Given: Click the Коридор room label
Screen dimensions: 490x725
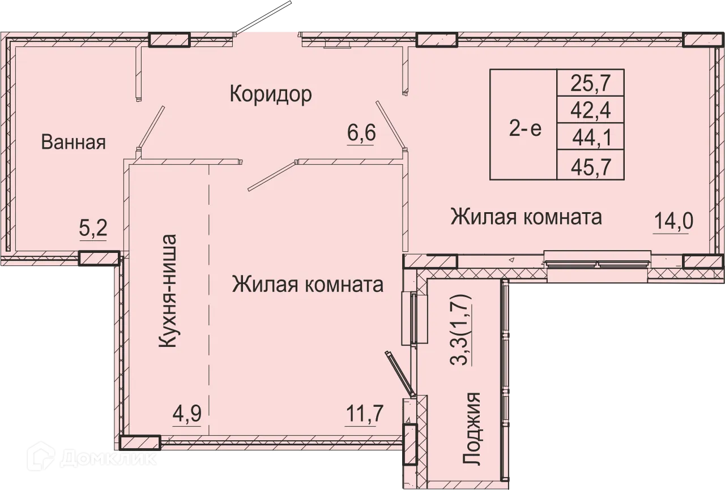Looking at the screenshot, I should (x=271, y=94).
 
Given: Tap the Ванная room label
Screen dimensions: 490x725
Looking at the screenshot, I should (x=74, y=143).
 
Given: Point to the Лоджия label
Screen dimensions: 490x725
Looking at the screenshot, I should (x=472, y=429).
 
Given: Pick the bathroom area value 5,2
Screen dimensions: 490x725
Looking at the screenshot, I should (x=93, y=230).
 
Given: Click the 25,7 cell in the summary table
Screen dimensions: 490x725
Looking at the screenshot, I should (x=591, y=83).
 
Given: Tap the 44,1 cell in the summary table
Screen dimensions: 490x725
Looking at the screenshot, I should (x=591, y=137).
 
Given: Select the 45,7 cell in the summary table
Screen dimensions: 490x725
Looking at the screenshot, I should (x=591, y=166).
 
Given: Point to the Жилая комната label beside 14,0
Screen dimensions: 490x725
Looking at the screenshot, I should (x=526, y=217).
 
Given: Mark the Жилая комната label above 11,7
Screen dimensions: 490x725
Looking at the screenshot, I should (x=308, y=285).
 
